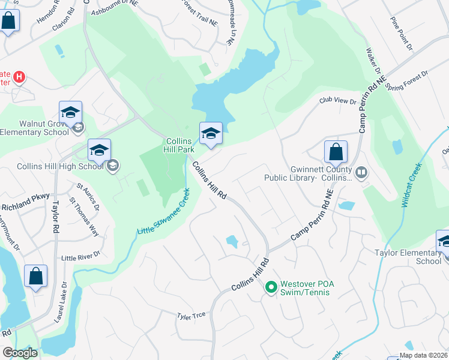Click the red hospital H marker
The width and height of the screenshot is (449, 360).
19,77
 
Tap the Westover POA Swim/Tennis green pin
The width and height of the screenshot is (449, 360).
271,288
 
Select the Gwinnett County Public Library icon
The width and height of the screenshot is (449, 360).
361,173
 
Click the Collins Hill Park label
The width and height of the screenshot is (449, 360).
179,146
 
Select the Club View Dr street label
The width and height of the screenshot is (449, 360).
338,101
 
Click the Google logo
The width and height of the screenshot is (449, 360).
20,353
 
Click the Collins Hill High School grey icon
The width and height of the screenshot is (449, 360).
112,166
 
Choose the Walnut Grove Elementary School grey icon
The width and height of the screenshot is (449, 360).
77,127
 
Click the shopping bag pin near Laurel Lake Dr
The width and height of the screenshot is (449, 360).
35,277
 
